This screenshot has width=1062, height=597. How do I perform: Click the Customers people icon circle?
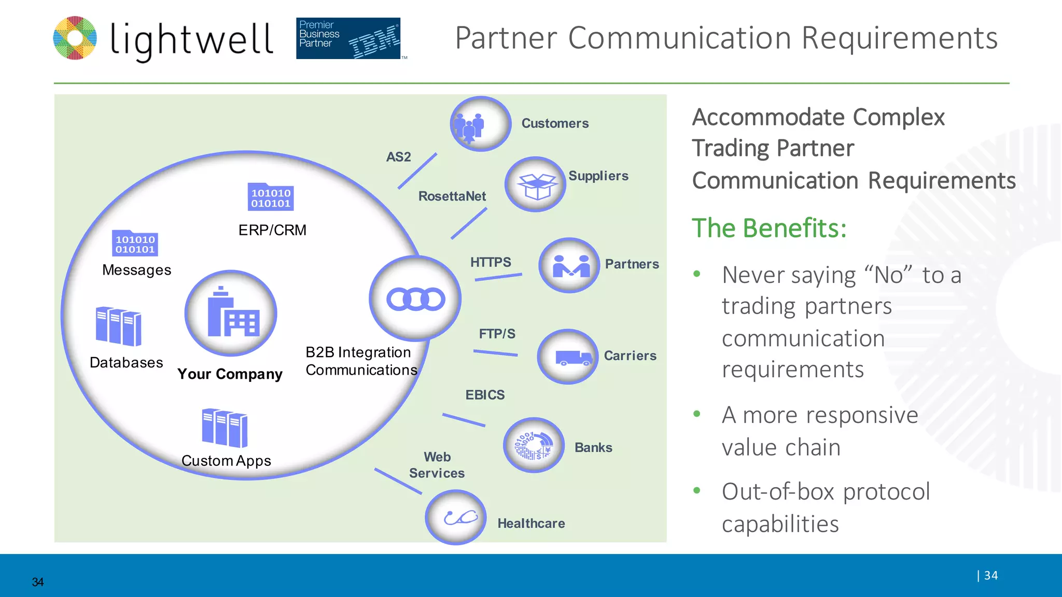[480, 124]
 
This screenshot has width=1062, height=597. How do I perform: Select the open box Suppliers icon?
[535, 184]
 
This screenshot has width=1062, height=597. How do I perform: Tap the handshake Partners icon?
[569, 265]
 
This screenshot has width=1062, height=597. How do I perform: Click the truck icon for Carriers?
[568, 357]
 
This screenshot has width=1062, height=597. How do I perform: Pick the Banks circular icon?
[534, 445]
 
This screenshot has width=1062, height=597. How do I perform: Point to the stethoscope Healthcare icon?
[455, 517]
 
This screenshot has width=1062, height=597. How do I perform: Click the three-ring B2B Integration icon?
[415, 299]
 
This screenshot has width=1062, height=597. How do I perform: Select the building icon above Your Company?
[231, 314]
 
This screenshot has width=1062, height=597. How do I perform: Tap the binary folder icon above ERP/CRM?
[271, 197]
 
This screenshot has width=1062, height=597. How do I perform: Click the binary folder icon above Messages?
[135, 243]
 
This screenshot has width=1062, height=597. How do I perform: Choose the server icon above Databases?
[119, 326]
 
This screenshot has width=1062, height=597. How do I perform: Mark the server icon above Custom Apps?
[225, 428]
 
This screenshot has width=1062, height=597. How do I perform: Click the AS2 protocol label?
[398, 157]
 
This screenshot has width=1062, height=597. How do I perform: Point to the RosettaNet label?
[452, 196]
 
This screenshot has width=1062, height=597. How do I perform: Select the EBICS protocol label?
[485, 395]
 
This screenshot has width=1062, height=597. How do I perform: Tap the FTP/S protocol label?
[497, 334]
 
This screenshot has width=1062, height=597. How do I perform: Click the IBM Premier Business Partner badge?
[348, 38]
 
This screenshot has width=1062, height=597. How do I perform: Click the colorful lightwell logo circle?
[75, 38]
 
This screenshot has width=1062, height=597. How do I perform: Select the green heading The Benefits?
[769, 228]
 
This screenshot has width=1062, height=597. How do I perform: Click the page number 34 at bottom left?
[38, 582]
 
